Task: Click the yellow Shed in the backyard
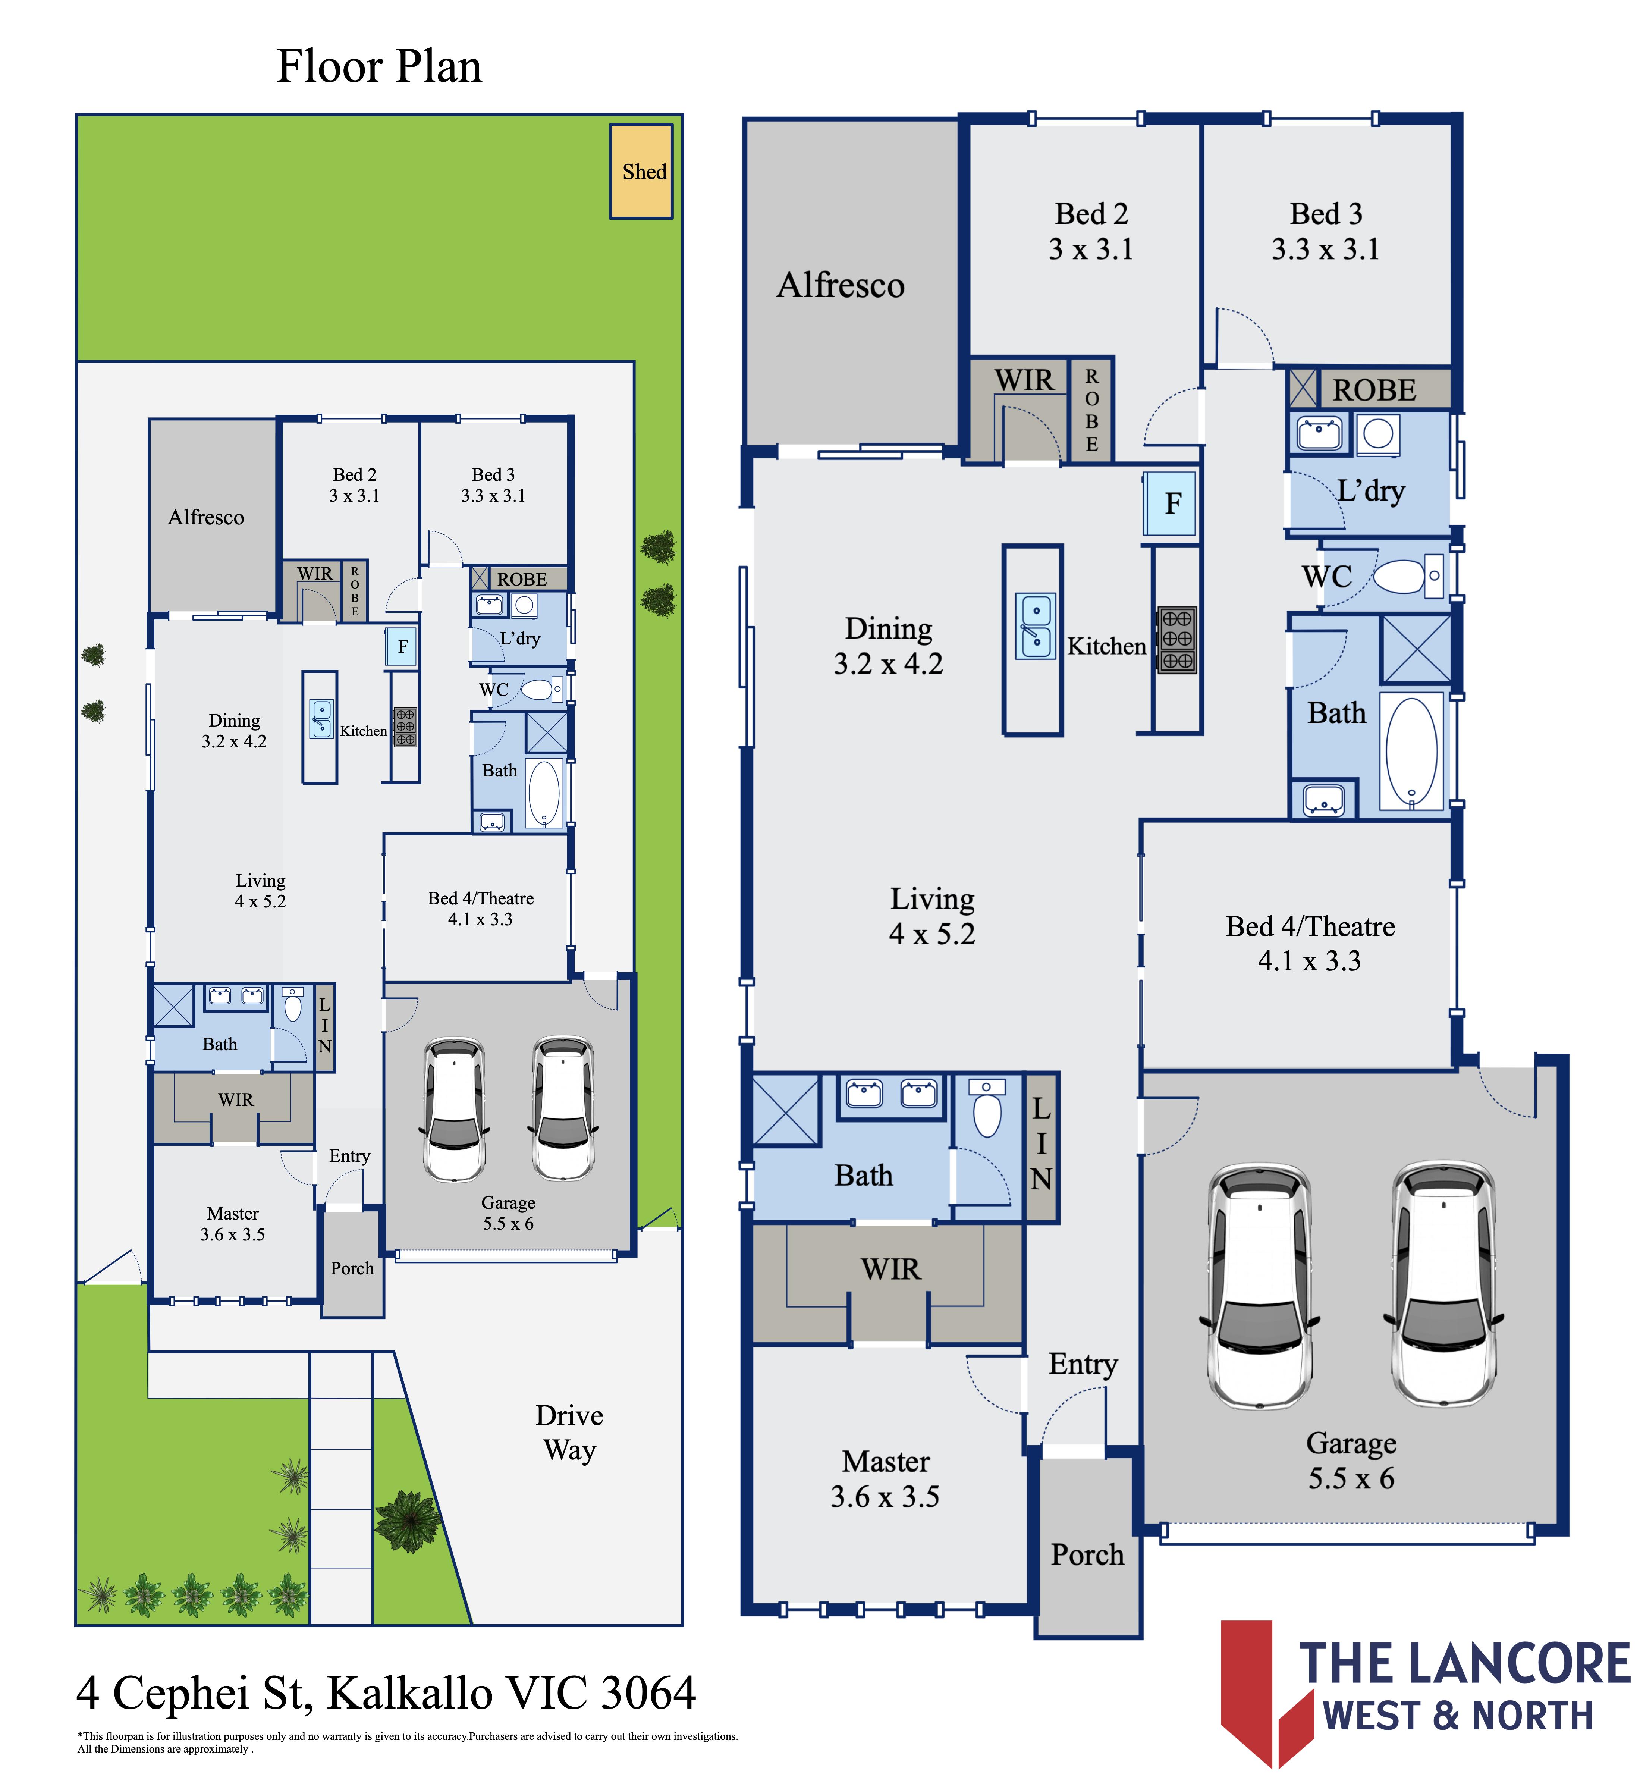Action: point(641,171)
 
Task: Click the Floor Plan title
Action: point(379,66)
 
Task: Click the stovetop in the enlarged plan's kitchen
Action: point(1177,639)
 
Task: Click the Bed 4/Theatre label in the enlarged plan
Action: point(1310,944)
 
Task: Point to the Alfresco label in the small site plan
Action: point(206,518)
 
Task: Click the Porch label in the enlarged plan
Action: point(1087,1554)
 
